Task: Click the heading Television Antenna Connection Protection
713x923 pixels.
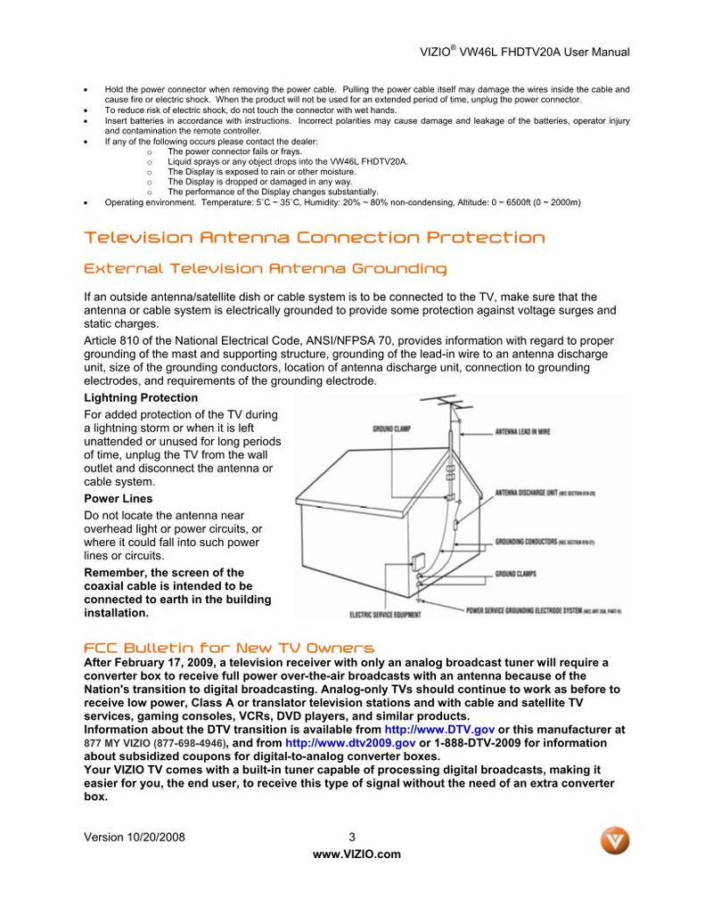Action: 314,237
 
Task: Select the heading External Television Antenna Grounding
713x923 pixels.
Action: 265,268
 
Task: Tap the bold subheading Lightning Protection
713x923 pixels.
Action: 141,397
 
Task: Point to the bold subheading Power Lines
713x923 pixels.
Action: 118,498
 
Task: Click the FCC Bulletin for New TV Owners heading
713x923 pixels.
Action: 229,648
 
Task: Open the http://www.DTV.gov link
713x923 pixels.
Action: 439,729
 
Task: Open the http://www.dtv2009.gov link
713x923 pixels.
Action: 350,742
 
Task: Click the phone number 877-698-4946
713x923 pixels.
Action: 190,742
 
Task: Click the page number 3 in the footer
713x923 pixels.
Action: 352,837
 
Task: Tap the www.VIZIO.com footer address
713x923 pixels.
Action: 356,854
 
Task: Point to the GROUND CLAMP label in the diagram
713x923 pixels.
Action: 392,429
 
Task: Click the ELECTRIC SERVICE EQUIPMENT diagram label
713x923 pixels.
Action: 385,615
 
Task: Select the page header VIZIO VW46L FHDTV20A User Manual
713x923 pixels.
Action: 524,52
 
